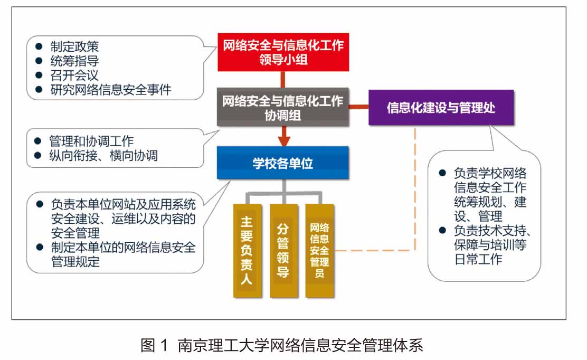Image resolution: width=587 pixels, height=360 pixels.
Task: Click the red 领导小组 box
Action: pos(283,52)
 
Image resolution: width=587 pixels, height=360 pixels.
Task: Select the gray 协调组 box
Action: pos(283,107)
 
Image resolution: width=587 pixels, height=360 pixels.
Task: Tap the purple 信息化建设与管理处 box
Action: pos(441,107)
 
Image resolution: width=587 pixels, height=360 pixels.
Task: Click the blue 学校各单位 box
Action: pos(283,163)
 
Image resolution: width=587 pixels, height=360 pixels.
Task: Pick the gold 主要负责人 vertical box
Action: pos(247,251)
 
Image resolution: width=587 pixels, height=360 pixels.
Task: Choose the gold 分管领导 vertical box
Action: pos(284,251)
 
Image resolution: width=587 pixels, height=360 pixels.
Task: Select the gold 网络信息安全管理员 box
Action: pos(319,251)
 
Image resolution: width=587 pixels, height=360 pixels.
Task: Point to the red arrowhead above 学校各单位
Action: pos(284,141)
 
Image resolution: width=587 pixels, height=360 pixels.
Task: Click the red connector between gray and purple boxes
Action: pos(358,107)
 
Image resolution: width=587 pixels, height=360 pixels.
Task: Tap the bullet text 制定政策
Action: pos(74,46)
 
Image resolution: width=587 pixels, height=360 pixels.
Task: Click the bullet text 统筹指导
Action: pos(74,61)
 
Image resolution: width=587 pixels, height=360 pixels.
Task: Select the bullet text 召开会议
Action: pos(74,75)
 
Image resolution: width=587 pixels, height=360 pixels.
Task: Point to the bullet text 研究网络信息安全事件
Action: pos(111,90)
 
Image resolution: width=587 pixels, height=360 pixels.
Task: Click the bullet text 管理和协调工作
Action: pos(91,141)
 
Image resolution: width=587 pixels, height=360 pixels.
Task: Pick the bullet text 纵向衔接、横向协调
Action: pos(103,155)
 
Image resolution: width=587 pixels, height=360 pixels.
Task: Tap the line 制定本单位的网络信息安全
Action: pos(124,248)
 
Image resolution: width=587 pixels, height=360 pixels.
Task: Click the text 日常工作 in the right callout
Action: pos(478,259)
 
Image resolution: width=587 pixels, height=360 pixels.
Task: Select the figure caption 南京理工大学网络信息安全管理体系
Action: pos(300,345)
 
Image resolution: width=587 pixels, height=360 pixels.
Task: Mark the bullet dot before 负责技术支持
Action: pos(442,230)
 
